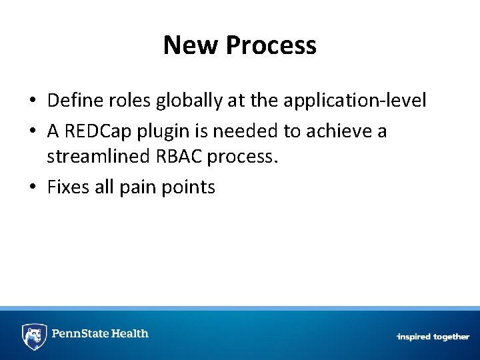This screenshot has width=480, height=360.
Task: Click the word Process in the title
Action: [271, 45]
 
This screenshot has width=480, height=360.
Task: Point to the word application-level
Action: [355, 101]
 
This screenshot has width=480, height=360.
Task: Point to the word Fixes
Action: [68, 187]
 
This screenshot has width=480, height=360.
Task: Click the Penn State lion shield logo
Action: [34, 335]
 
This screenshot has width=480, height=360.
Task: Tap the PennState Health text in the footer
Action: [101, 333]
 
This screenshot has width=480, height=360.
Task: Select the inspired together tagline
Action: [433, 337]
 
